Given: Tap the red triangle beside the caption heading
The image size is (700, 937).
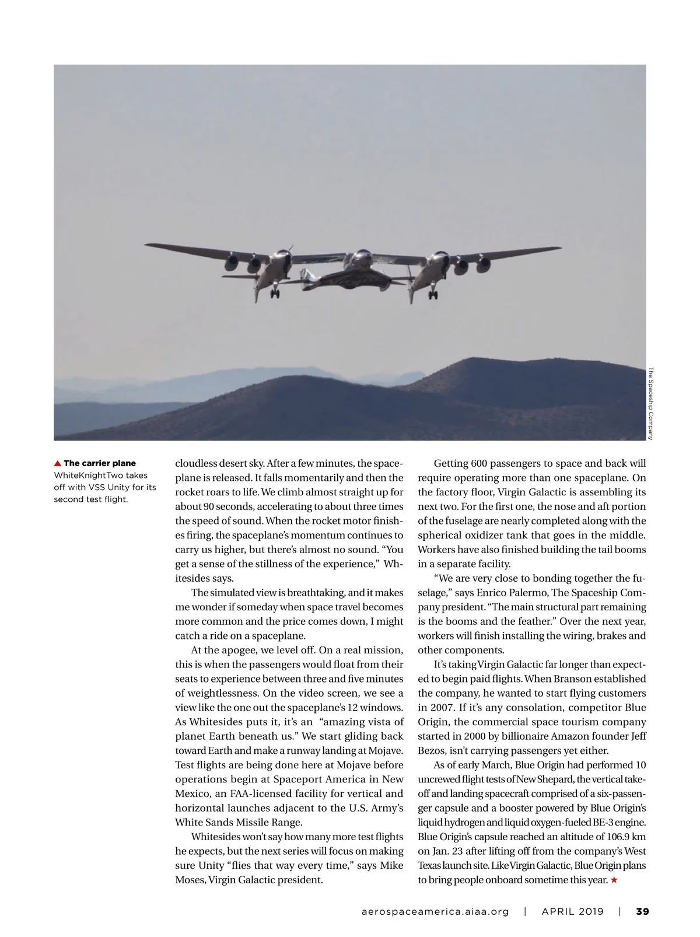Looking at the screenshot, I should (58, 464).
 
